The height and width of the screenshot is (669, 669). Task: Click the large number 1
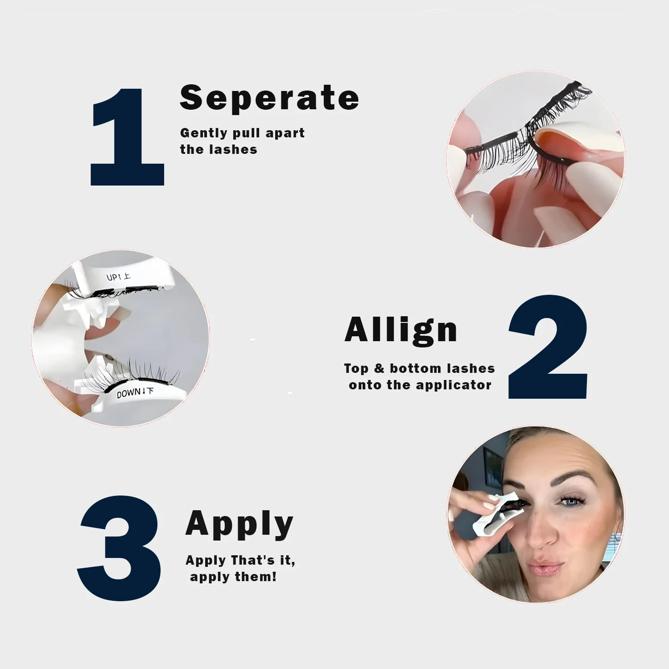pyautogui.click(x=127, y=136)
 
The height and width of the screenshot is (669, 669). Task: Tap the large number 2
pyautogui.click(x=548, y=347)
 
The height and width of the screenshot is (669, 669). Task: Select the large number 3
pyautogui.click(x=119, y=548)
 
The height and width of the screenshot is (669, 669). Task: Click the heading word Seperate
pyautogui.click(x=269, y=98)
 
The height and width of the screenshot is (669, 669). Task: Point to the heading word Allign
pyautogui.click(x=401, y=331)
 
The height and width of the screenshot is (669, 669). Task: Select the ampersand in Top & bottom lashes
pyautogui.click(x=379, y=368)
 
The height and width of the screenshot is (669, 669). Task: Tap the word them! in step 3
pyautogui.click(x=256, y=577)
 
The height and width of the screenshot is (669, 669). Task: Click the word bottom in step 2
pyautogui.click(x=415, y=368)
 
